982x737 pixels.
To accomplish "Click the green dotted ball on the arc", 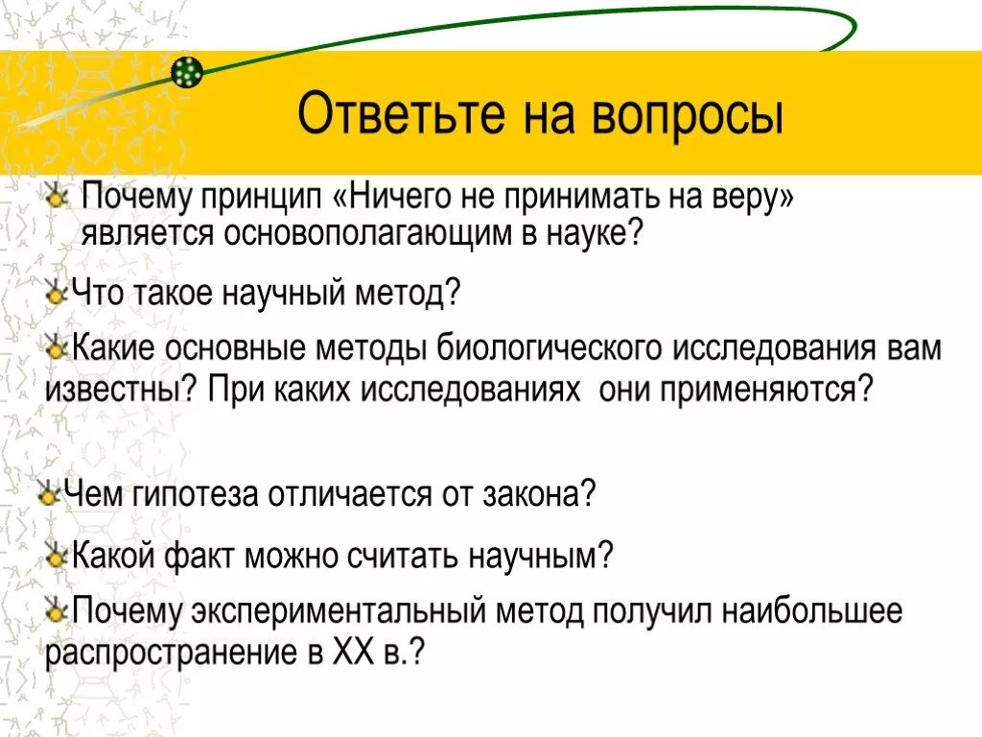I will point(188,71).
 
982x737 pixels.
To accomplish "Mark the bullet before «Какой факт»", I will point(57,555).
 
